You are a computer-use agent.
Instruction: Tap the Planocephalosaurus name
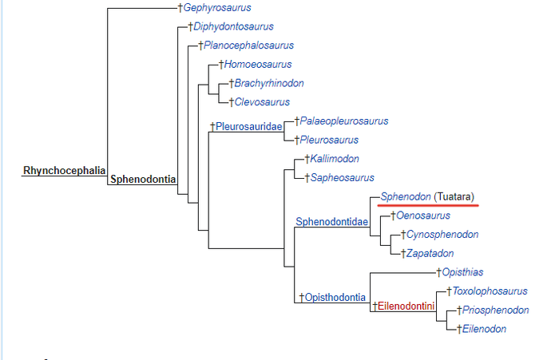tap(248, 45)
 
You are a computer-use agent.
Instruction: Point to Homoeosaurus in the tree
tap(259, 65)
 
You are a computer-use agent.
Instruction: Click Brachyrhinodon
tap(269, 83)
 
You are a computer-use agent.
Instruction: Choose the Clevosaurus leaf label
tap(262, 102)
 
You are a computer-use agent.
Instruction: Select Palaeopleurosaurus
tap(344, 121)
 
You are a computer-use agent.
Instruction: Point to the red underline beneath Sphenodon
tap(428, 205)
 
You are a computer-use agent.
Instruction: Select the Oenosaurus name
tap(423, 216)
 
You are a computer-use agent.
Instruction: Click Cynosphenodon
tap(442, 234)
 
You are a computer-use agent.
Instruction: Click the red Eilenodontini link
tap(406, 305)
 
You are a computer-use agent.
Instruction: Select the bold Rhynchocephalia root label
tap(63, 170)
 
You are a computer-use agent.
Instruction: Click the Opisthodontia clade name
tap(335, 298)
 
